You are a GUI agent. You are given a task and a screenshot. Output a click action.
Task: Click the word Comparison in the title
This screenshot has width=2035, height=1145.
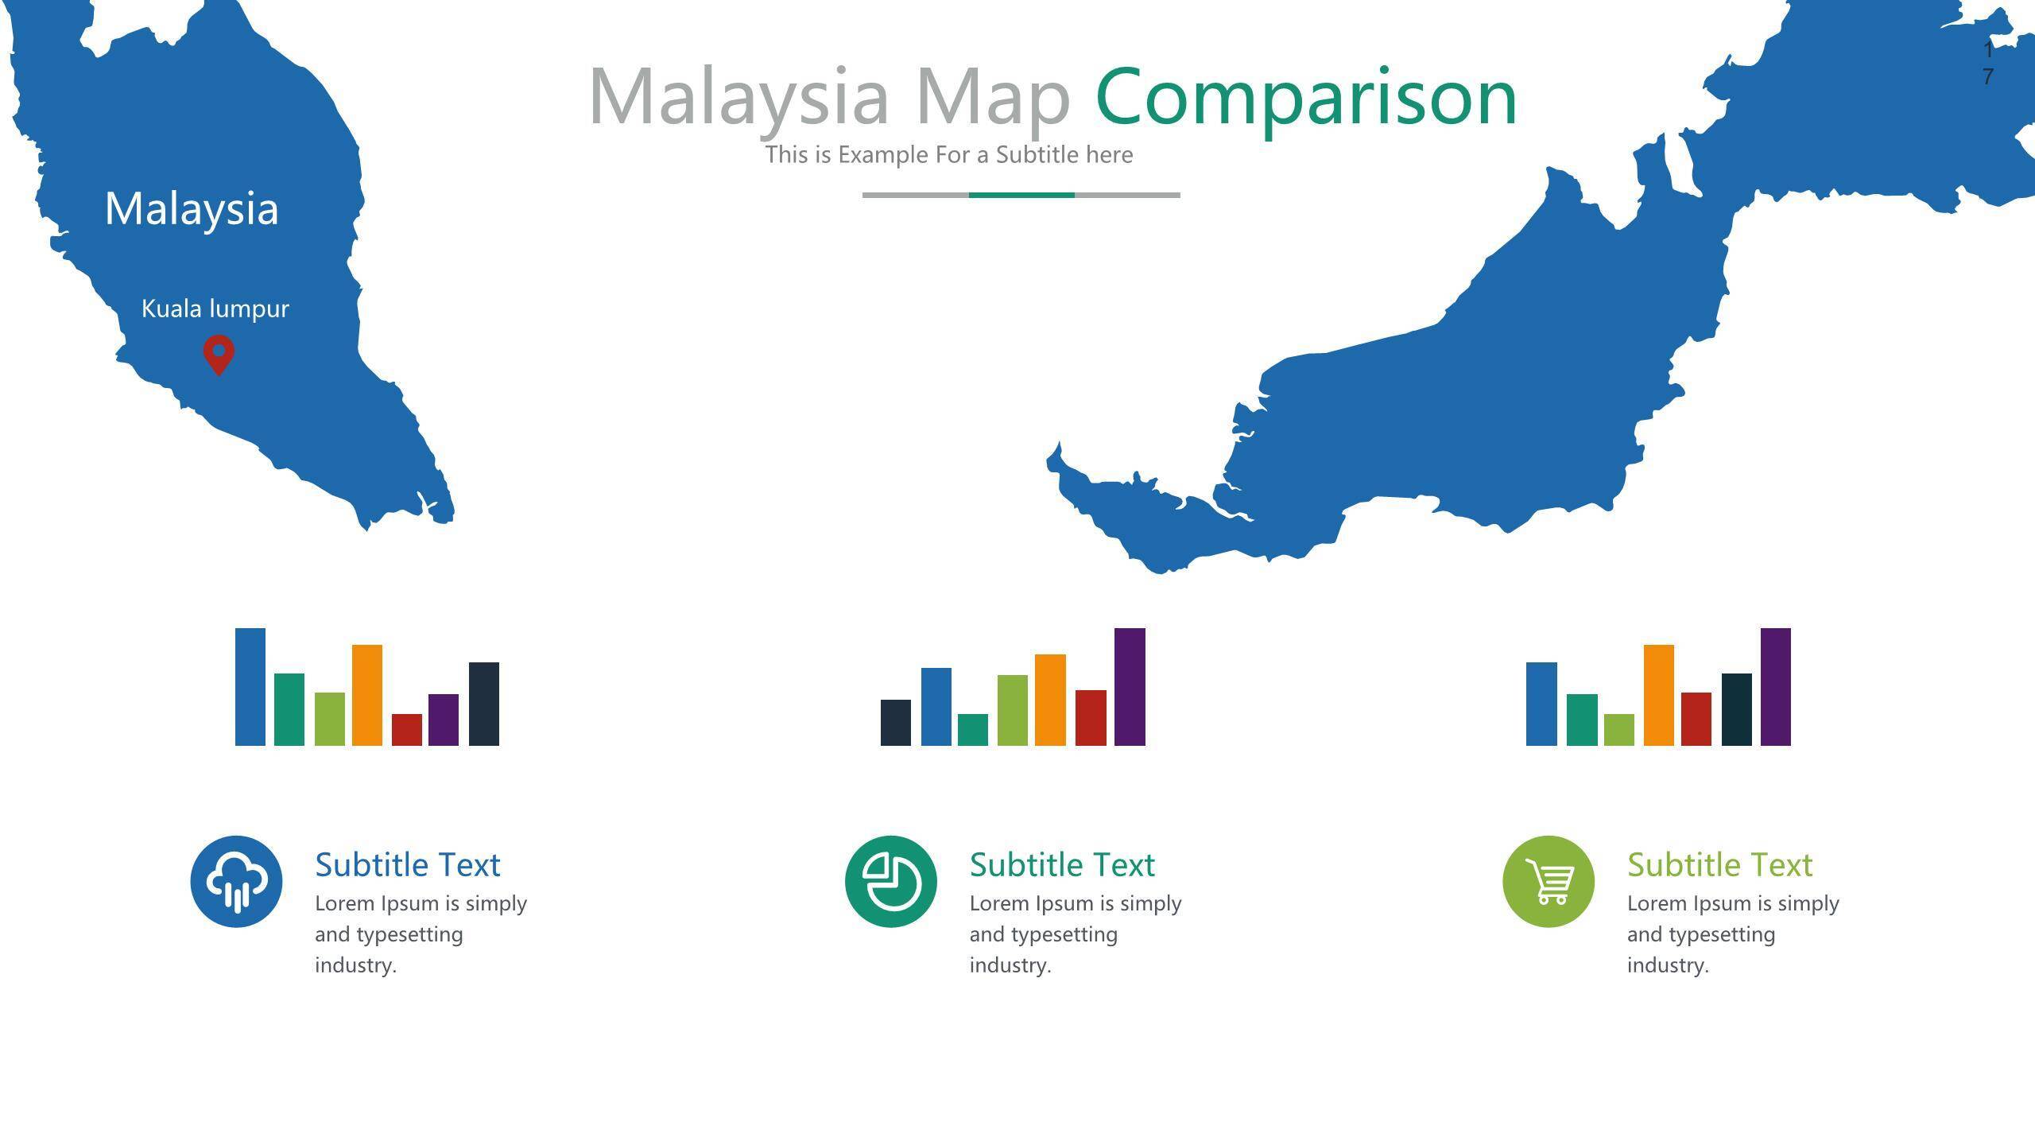coord(1306,98)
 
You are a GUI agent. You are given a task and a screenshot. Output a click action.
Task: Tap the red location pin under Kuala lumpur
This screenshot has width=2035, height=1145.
coord(219,354)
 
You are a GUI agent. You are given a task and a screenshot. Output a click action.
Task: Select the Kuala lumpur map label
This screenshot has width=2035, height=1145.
coord(215,309)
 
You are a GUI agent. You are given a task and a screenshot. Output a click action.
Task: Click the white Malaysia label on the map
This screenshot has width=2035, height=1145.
coord(192,209)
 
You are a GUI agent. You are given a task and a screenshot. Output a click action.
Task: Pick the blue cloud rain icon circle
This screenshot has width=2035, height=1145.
coord(236,881)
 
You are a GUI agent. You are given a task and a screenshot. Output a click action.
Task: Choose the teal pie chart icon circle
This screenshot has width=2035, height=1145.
coord(891,881)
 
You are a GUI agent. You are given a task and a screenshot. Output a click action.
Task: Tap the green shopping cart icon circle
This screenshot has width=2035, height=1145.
coord(1549,881)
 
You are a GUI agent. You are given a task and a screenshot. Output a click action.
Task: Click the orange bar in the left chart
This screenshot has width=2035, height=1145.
coord(367,695)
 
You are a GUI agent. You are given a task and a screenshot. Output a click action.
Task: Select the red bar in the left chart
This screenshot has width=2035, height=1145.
coord(407,730)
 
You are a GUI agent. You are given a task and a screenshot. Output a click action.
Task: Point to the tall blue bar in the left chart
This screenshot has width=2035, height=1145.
coord(250,687)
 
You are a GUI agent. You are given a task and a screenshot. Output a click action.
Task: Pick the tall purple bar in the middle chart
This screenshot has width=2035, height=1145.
coord(1130,687)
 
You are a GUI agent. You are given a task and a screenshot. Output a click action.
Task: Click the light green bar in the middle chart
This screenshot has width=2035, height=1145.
coord(1013,710)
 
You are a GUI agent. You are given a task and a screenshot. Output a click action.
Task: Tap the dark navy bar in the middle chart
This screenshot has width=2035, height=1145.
coord(896,723)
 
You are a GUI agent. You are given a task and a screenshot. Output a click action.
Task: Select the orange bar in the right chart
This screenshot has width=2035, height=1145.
coord(1659,695)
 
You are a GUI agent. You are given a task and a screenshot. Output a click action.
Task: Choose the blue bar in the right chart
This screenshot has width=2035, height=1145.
coord(1541,704)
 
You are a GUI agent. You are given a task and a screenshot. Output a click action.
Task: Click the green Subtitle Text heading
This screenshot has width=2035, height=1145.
coord(1720,865)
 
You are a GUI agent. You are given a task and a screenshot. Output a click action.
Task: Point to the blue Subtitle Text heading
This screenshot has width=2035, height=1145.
coord(408,865)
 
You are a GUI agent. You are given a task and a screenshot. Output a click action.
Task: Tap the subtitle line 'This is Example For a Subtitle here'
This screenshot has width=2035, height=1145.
coord(949,154)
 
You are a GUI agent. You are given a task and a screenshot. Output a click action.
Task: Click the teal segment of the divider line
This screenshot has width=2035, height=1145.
coord(1021,195)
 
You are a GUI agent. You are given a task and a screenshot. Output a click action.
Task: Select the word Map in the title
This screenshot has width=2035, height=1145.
coord(993,97)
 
